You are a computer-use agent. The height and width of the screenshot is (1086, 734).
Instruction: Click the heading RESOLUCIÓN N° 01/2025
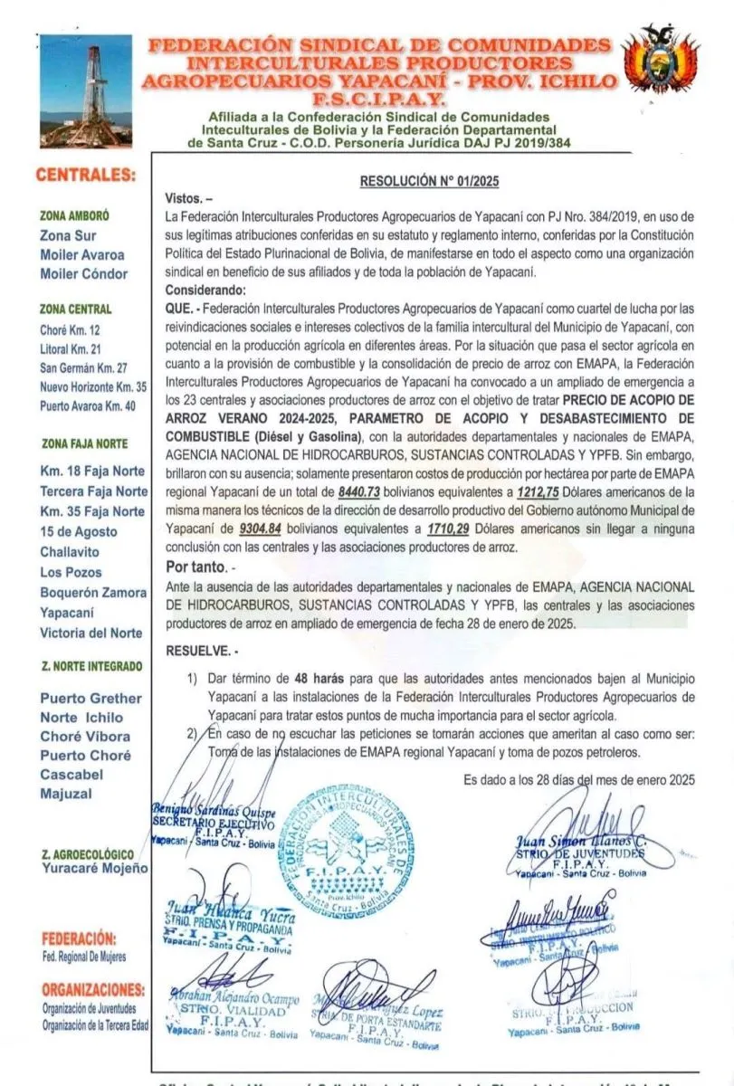coord(429,181)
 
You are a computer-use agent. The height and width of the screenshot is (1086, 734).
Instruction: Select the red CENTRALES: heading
coord(87,175)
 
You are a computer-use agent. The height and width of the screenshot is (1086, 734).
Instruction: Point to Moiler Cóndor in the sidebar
coord(84,274)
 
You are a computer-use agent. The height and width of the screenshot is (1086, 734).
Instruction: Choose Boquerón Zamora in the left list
coord(93,593)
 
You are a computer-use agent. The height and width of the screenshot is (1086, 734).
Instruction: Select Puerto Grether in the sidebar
coord(91,698)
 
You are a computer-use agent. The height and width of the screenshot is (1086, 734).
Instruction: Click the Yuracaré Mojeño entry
coord(95,869)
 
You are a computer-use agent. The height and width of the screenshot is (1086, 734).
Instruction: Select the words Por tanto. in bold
coord(198,567)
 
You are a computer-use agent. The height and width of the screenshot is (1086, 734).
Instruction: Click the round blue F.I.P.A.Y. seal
coord(339,850)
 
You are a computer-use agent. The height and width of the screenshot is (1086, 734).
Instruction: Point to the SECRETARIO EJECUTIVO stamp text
coord(212,824)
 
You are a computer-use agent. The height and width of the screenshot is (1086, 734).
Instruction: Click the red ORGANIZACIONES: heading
coord(93,988)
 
